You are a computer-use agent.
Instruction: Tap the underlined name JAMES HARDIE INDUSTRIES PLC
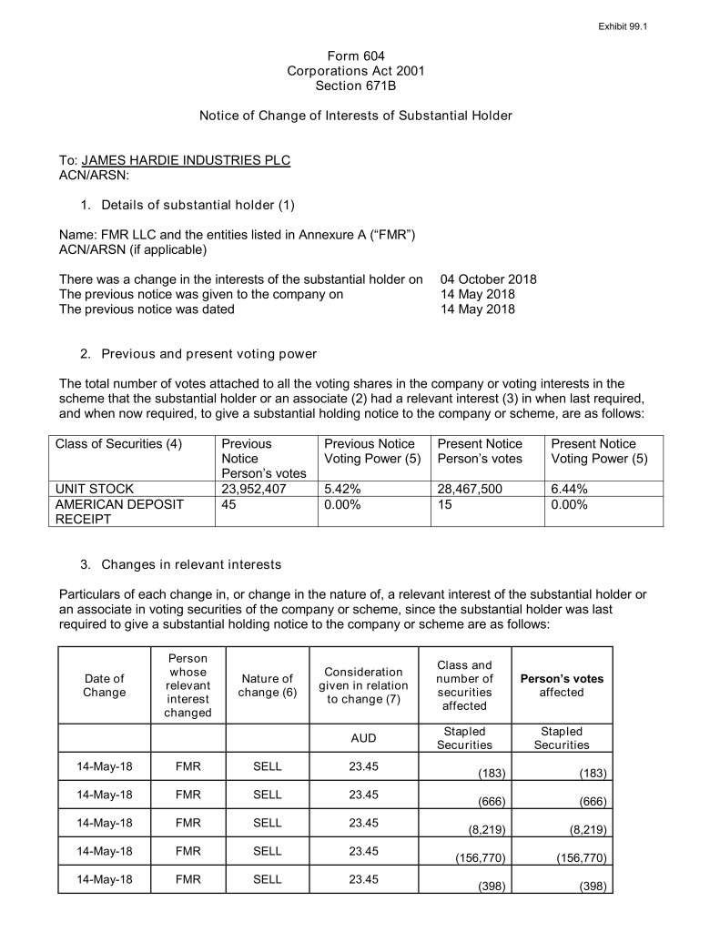point(186,161)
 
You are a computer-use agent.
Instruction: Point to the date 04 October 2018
point(488,279)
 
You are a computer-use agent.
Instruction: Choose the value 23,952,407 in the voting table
point(251,489)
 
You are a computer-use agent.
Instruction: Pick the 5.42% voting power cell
point(341,489)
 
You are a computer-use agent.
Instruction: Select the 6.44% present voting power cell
point(569,489)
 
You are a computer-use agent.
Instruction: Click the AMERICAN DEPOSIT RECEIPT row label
point(119,512)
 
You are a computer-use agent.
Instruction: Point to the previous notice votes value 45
point(229,504)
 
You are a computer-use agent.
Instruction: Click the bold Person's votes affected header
point(561,685)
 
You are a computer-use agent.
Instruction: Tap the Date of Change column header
point(104,685)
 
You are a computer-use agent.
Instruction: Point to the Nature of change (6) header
point(268,685)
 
